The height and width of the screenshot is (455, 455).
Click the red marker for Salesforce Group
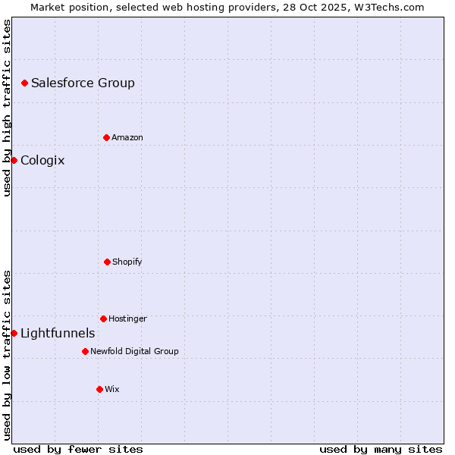pyautogui.click(x=24, y=83)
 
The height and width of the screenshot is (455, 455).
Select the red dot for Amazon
pyautogui.click(x=106, y=137)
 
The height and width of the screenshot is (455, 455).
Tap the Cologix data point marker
pyautogui.click(x=14, y=160)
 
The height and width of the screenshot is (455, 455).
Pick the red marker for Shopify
pyautogui.click(x=107, y=262)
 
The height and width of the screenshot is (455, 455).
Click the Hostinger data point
pyautogui.click(x=103, y=318)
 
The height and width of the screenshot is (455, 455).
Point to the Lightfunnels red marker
pyautogui.click(x=14, y=333)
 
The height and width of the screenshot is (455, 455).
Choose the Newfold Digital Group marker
pyautogui.click(x=85, y=351)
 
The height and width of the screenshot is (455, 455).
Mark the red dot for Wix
pyautogui.click(x=99, y=389)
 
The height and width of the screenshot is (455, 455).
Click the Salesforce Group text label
pyautogui.click(x=83, y=83)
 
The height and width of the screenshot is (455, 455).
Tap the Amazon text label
pyautogui.click(x=127, y=138)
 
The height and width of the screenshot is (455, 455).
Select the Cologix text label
pyautogui.click(x=42, y=161)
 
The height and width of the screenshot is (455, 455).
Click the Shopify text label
pyautogui.click(x=127, y=262)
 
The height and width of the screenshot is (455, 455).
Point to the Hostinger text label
pyautogui.click(x=127, y=319)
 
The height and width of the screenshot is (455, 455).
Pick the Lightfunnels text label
pyautogui.click(x=58, y=334)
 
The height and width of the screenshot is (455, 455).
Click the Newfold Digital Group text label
pyautogui.click(x=134, y=352)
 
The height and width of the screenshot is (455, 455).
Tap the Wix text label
pyautogui.click(x=112, y=390)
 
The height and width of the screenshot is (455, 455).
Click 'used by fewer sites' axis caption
pyautogui.click(x=78, y=450)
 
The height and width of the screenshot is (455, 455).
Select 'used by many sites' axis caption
pyautogui.click(x=381, y=450)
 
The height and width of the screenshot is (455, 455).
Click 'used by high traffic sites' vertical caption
pyautogui.click(x=8, y=108)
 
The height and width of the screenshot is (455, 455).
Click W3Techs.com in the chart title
pyautogui.click(x=388, y=7)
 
